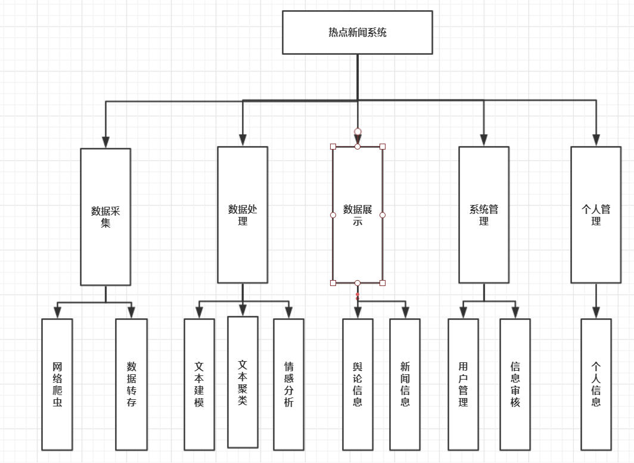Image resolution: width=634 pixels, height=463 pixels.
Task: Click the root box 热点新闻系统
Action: (357, 32)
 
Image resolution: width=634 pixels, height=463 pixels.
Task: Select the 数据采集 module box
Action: (105, 216)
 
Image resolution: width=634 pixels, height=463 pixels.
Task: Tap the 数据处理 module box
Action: (243, 215)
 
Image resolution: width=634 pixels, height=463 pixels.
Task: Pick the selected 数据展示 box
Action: (358, 215)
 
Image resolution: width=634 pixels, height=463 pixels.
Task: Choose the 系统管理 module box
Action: (483, 215)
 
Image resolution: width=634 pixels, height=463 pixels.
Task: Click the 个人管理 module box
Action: (596, 215)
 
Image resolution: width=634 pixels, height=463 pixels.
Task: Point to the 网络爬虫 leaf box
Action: (57, 384)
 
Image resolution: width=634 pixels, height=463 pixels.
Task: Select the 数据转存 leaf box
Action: (131, 384)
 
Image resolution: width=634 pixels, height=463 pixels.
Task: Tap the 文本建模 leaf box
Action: (199, 384)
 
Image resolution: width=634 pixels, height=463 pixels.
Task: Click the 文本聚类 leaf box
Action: (243, 382)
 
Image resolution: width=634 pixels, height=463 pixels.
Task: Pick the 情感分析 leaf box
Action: (288, 384)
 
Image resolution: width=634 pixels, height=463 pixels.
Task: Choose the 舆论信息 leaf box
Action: (358, 384)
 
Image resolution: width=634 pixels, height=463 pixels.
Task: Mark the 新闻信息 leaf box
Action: (405, 384)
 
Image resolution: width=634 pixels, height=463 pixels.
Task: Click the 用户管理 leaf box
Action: (463, 384)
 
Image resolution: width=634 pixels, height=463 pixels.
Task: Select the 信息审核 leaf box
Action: (515, 384)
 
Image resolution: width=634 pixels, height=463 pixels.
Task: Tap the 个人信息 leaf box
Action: (596, 384)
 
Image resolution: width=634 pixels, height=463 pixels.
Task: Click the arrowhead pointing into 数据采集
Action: (105, 142)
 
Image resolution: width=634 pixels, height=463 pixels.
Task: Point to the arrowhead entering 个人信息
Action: (596, 313)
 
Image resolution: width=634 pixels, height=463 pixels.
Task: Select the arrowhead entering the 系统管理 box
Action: (483, 140)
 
